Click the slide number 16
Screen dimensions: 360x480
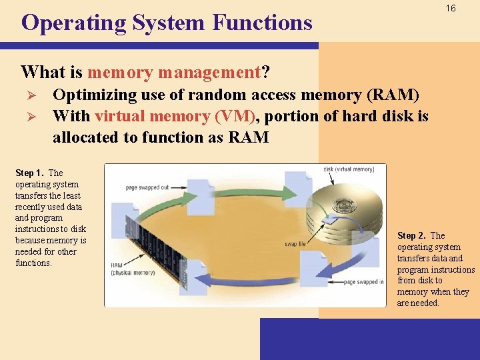click(451, 9)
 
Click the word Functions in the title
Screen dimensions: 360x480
click(262, 23)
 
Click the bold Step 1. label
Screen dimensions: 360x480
click(31, 173)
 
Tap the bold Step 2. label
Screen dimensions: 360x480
click(413, 235)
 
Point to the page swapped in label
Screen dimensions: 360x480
click(363, 282)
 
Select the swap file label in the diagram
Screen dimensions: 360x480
click(295, 245)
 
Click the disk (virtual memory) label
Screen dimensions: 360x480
click(349, 169)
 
